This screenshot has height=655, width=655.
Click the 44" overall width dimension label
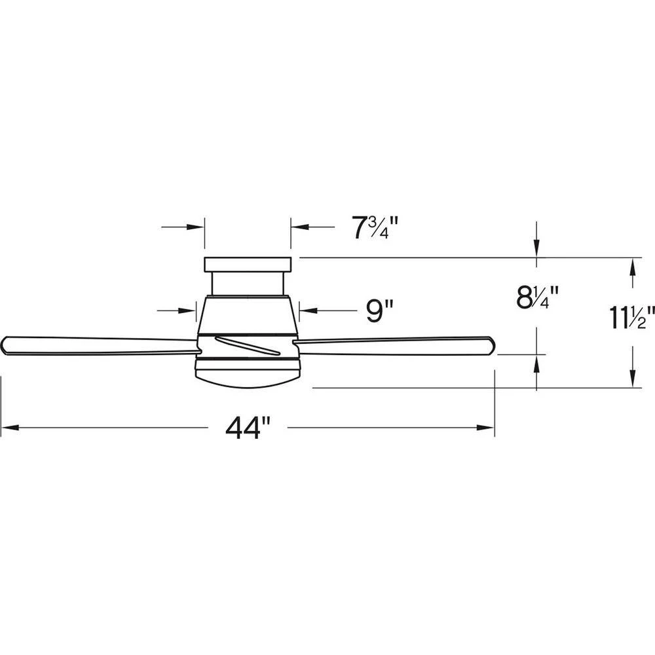[248, 429]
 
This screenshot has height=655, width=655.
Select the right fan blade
[393, 346]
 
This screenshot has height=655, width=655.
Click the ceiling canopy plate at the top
[247, 265]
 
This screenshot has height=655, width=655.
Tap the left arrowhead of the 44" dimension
[8, 429]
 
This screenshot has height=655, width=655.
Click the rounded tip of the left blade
[7, 345]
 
